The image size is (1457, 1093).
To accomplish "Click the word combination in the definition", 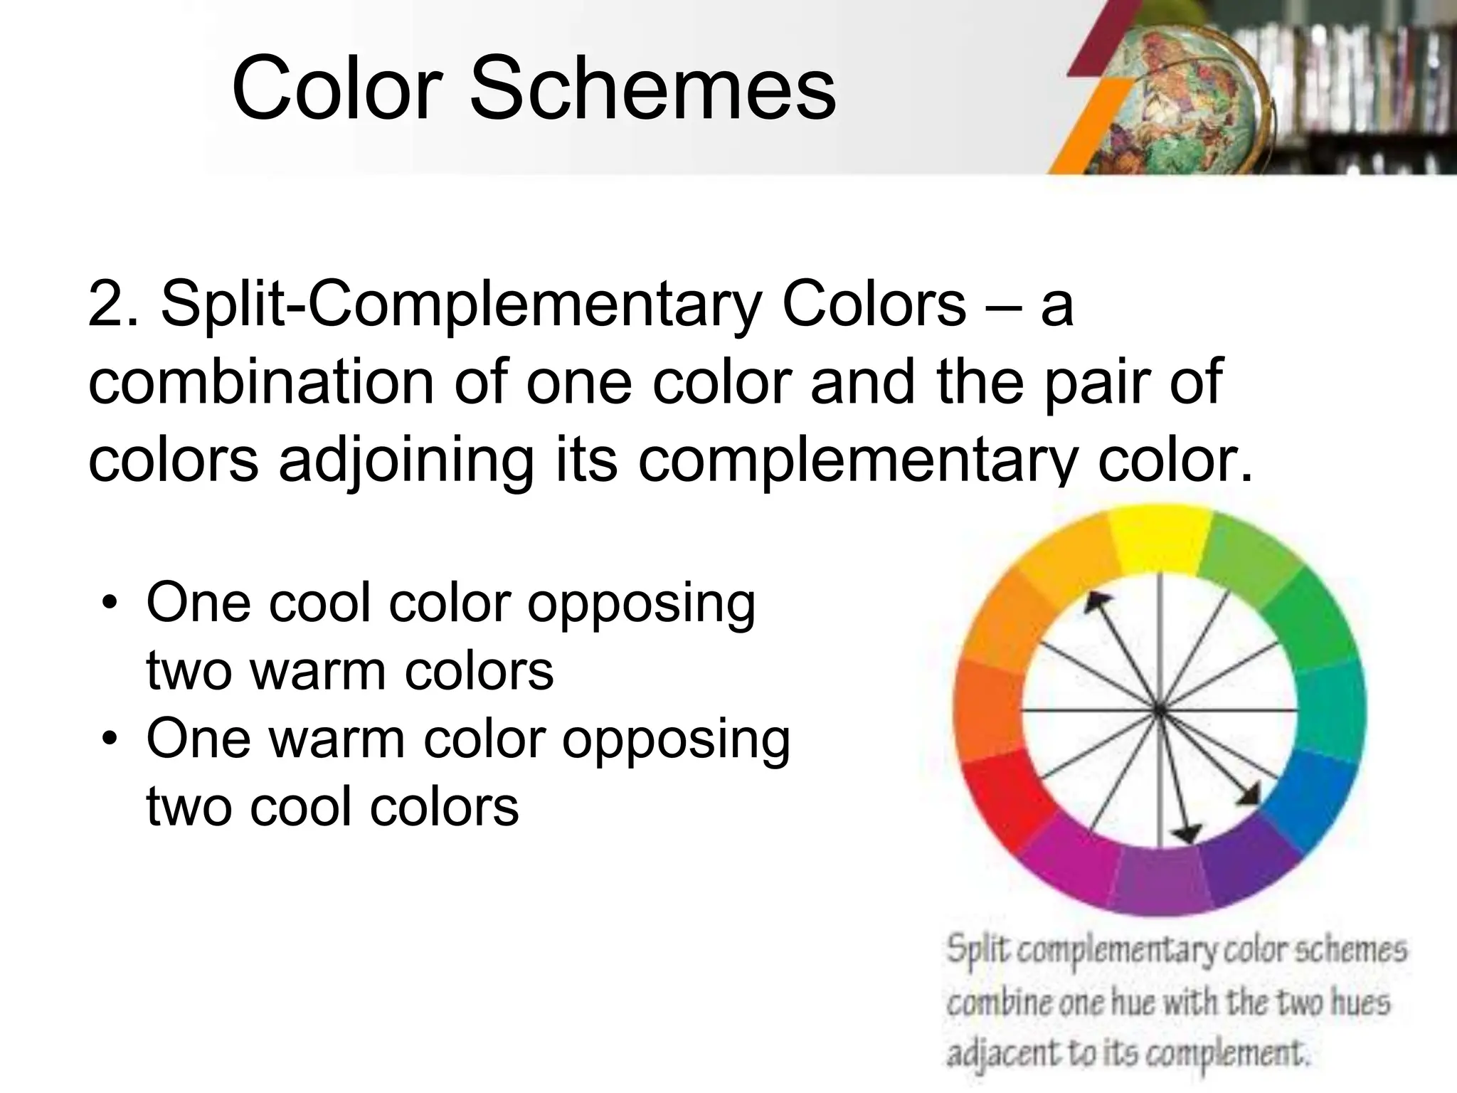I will pyautogui.click(x=260, y=383).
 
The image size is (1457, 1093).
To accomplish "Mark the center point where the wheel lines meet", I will pyautogui.click(x=1159, y=710).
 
